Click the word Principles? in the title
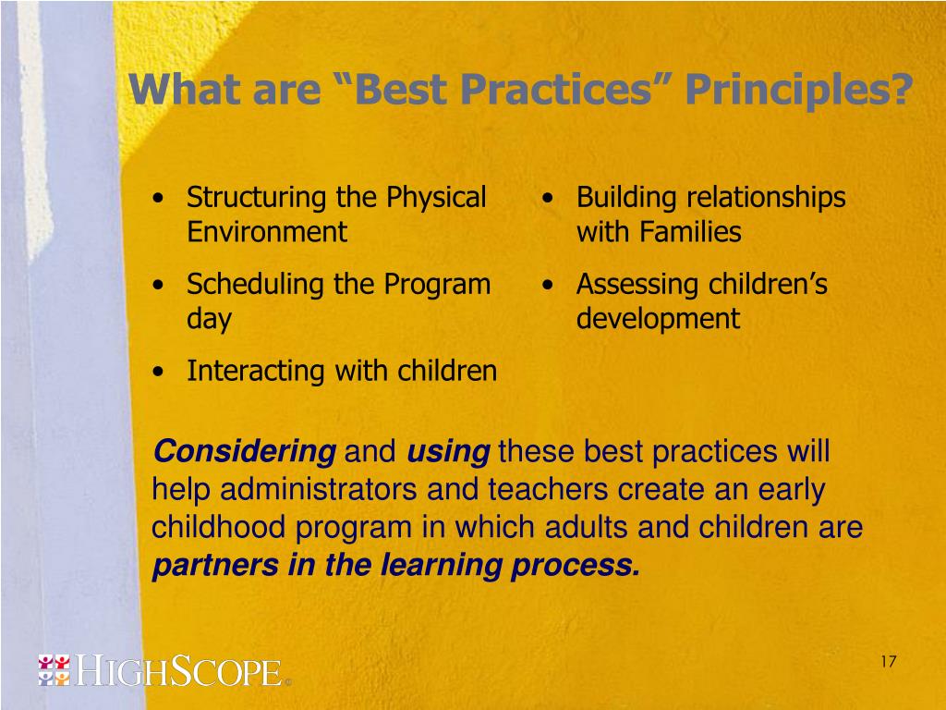click(798, 91)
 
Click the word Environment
click(267, 232)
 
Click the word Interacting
click(256, 372)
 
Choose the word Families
click(690, 232)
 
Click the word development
click(658, 319)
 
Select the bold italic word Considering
click(244, 452)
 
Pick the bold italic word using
click(448, 452)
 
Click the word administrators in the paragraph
click(318, 489)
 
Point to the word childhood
click(218, 526)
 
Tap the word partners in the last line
click(214, 566)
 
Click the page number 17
click(888, 662)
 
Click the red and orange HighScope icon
click(54, 670)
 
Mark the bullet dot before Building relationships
click(547, 199)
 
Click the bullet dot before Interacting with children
click(158, 372)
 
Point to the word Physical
click(436, 199)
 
